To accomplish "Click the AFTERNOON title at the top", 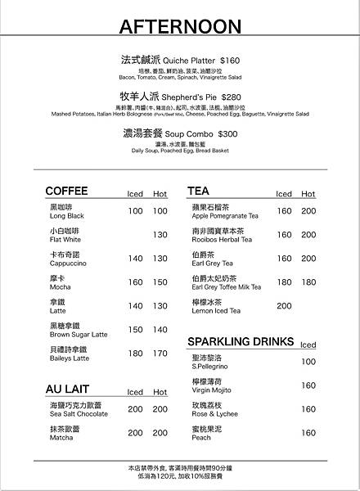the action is click(x=179, y=28).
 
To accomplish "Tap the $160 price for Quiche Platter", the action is click(x=229, y=61).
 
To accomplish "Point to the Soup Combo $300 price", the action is click(x=227, y=133).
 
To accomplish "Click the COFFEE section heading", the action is click(x=66, y=191).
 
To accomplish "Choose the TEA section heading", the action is click(x=198, y=191).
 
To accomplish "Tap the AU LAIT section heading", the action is click(x=68, y=390).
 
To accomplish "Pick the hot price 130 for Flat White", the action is click(x=160, y=235).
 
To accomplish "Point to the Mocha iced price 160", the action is click(x=135, y=282).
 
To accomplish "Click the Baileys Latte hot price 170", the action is click(x=160, y=354).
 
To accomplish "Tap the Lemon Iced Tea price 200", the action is click(x=284, y=306).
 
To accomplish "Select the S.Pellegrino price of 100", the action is click(x=308, y=362).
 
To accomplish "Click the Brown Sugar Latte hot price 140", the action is click(x=160, y=330).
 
